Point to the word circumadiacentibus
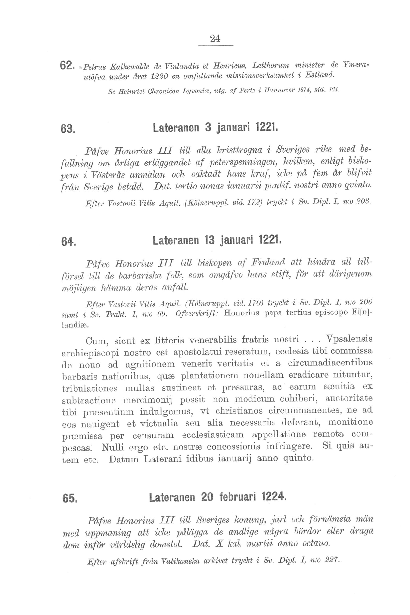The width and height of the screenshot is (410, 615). coord(330,363)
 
